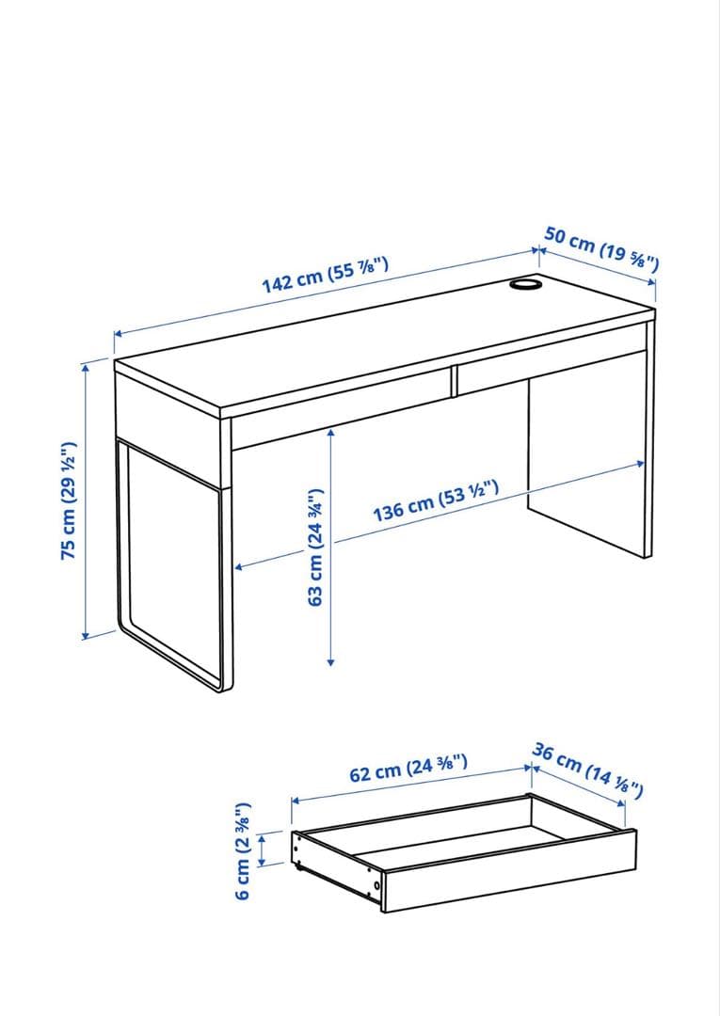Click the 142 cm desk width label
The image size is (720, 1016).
325,276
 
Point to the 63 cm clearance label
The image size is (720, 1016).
315,547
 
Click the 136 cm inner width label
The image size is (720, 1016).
436,500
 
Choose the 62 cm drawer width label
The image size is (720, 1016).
408,768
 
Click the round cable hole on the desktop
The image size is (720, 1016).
525,284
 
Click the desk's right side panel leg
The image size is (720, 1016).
590,453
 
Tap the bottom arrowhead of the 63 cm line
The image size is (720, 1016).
330,661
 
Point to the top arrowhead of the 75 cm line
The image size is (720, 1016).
85,368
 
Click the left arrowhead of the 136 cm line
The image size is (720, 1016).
238,567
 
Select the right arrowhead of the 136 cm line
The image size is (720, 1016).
640,463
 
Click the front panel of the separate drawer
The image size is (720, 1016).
509,870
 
